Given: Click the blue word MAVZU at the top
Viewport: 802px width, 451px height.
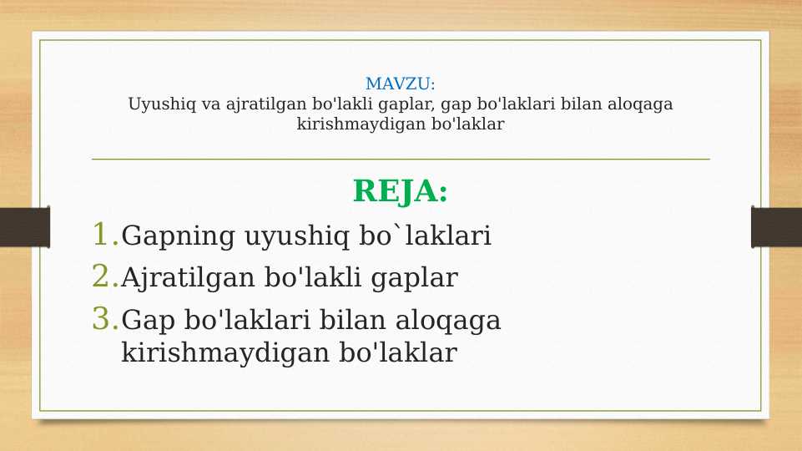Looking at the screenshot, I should click(x=400, y=84).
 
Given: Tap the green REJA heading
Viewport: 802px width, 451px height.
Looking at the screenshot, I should click(x=400, y=191).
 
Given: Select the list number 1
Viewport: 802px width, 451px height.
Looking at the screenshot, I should click(x=103, y=235).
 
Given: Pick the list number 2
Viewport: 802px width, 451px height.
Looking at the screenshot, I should click(x=103, y=276).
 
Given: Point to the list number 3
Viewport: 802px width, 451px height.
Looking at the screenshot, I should click(x=103, y=319).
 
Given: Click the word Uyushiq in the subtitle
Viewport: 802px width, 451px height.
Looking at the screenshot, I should click(x=157, y=105).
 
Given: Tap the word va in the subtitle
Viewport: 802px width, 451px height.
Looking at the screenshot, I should click(x=213, y=105).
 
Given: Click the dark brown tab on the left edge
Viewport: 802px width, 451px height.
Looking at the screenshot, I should click(x=24, y=226).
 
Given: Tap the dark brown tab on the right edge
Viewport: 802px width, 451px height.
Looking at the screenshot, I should click(x=776, y=226).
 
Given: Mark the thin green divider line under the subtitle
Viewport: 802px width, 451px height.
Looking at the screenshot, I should click(x=400, y=159).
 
